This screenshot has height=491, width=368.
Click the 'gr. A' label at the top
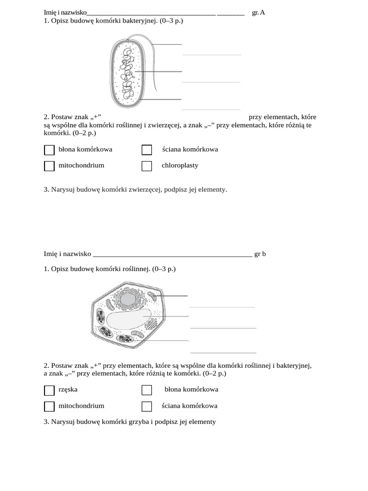pyautogui.click(x=258, y=12)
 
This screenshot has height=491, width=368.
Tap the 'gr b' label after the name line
pyautogui.click(x=260, y=254)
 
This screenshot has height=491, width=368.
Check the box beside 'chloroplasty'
pyautogui.click(x=147, y=166)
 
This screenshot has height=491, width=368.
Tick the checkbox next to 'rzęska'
pyautogui.click(x=49, y=390)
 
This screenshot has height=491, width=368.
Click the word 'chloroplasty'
pyautogui.click(x=180, y=165)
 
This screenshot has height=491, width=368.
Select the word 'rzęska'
pyautogui.click(x=68, y=389)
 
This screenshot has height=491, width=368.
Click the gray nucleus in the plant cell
pyautogui.click(x=127, y=300)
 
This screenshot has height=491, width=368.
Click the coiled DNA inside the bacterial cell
pyautogui.click(x=127, y=74)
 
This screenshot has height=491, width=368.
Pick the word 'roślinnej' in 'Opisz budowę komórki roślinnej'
pyautogui.click(x=137, y=269)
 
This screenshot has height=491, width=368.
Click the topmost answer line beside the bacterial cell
pyautogui.click(x=212, y=55)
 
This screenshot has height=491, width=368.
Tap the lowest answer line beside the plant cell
pyautogui.click(x=223, y=352)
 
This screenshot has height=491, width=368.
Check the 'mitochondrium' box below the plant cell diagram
pyautogui.click(x=49, y=407)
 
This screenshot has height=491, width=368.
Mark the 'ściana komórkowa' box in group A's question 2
pyautogui.click(x=147, y=150)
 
